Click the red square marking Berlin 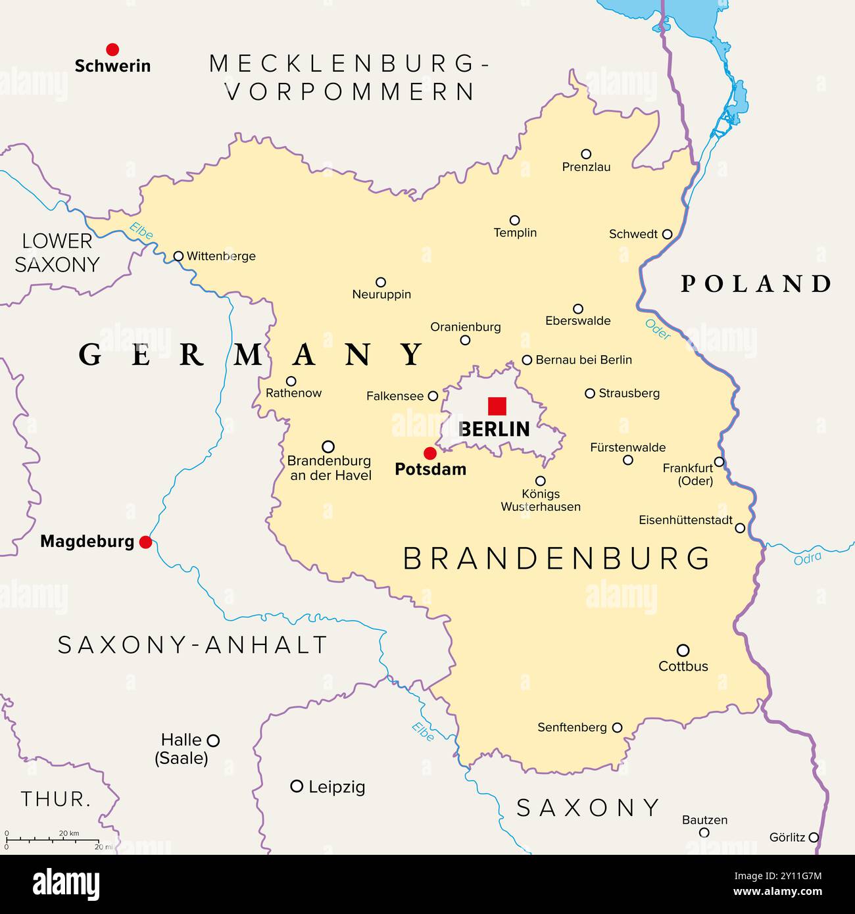(497, 406)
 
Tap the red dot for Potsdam (430, 453)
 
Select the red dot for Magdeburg (146, 542)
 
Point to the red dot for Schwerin (112, 49)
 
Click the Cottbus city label (683, 666)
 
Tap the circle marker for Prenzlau (586, 154)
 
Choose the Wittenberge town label (221, 256)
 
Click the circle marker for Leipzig (297, 786)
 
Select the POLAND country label (756, 284)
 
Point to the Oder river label (658, 329)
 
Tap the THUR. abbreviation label (56, 800)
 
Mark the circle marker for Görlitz (814, 837)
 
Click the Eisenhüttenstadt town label (685, 520)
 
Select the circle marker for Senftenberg (617, 727)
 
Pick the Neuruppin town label (381, 295)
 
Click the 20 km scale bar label (69, 833)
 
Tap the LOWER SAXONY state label (57, 253)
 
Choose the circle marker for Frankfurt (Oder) (720, 462)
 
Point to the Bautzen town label (704, 820)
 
